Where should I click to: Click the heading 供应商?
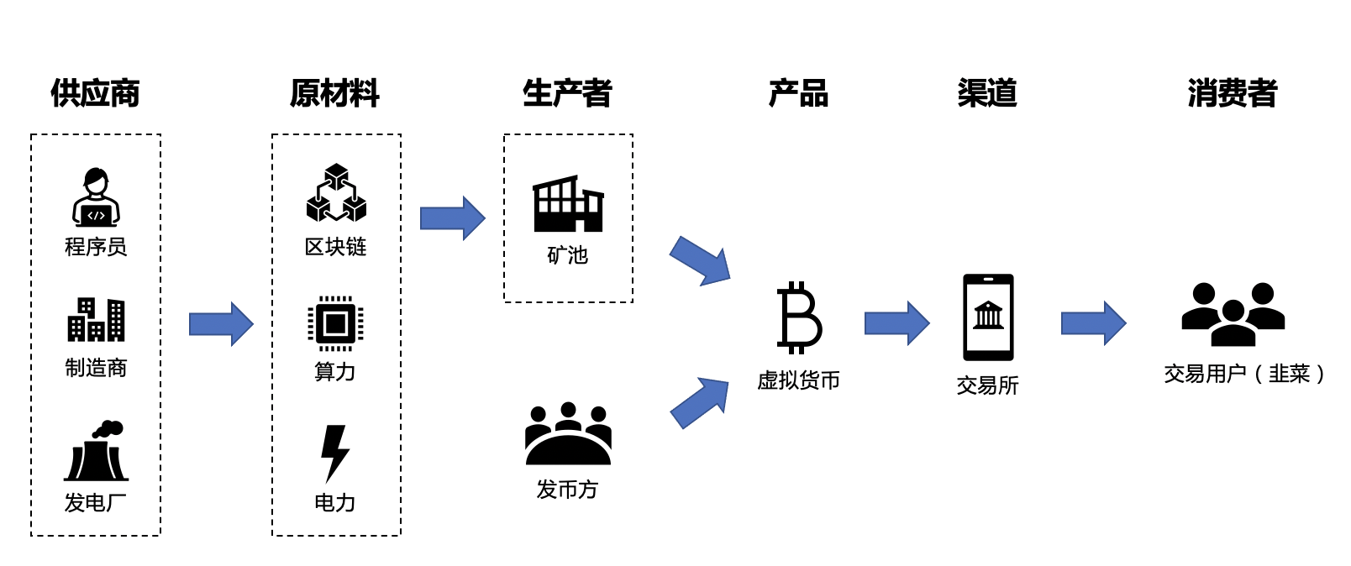(x=95, y=92)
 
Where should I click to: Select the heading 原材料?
(x=334, y=92)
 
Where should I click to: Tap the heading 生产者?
(x=567, y=92)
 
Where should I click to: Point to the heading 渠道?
(x=987, y=92)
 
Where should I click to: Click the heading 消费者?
(x=1232, y=92)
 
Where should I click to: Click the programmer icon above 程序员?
(x=96, y=197)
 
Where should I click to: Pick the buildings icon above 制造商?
(x=96, y=320)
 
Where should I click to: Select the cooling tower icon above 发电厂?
(x=97, y=451)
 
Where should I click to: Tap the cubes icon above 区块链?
(x=336, y=193)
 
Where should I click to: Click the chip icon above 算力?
(x=335, y=323)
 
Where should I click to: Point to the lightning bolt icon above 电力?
(x=334, y=453)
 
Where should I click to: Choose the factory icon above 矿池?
(x=568, y=204)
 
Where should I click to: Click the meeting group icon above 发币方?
(x=568, y=433)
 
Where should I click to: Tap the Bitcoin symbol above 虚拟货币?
(x=799, y=317)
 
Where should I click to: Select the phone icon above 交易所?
(x=988, y=317)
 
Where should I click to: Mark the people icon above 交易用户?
(x=1233, y=314)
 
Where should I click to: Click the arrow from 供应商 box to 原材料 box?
(x=221, y=324)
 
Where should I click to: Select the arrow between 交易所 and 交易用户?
(x=1093, y=323)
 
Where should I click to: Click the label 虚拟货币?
(x=798, y=380)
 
